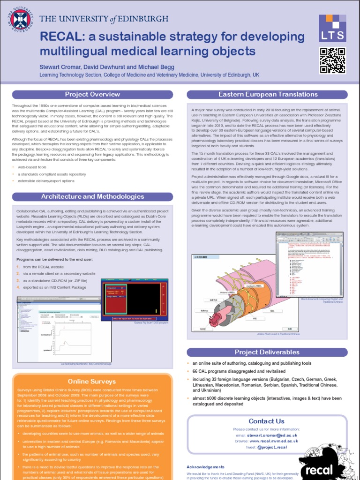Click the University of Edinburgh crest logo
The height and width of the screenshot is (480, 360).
point(19,19)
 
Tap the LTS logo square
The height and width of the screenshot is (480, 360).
point(333,29)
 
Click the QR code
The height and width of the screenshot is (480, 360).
point(333,60)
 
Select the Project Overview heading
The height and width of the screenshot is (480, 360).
point(92,94)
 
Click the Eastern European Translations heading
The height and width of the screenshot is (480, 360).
point(268,94)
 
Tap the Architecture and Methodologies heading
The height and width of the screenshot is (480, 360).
point(92,196)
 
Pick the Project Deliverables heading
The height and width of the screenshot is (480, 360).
point(267,352)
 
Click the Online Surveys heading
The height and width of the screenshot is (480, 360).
point(92,381)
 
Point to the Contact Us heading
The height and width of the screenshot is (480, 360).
point(266,421)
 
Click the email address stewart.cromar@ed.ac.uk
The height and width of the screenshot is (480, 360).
point(273,435)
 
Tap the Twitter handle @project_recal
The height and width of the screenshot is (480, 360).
point(271,447)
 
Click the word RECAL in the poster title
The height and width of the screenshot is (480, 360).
point(60,37)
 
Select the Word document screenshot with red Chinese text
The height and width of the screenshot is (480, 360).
point(309,264)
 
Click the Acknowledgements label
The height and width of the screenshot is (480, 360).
point(205,467)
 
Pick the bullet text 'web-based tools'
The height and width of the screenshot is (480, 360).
point(32,167)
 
